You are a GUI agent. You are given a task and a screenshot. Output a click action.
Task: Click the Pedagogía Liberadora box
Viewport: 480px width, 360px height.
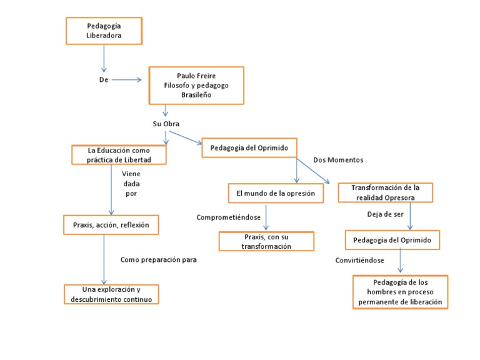click(x=104, y=31)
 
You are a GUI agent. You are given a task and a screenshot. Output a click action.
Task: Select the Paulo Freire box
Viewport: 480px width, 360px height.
click(x=196, y=85)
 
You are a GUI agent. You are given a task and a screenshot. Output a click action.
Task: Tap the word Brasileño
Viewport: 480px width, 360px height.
click(x=196, y=95)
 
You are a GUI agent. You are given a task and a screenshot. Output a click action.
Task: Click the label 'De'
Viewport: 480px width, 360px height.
click(x=104, y=80)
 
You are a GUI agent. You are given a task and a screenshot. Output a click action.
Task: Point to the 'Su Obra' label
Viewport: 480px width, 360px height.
click(x=166, y=124)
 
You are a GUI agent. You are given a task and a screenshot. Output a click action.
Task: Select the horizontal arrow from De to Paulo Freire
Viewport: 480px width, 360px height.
click(x=126, y=80)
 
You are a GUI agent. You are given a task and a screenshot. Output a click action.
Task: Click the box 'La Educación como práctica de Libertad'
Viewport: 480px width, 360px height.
click(x=119, y=155)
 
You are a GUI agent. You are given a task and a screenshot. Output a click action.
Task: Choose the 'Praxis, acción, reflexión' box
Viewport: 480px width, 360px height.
click(x=111, y=224)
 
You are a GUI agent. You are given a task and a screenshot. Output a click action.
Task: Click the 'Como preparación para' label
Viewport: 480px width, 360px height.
click(x=159, y=259)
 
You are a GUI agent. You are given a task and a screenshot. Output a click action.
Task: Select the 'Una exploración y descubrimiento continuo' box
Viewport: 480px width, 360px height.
click(x=111, y=294)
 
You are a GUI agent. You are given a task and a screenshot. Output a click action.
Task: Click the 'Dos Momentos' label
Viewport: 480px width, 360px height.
click(x=338, y=160)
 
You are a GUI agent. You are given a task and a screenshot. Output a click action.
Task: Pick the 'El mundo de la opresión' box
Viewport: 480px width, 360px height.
click(x=276, y=194)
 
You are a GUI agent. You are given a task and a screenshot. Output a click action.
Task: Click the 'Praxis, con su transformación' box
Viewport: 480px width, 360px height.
click(x=266, y=242)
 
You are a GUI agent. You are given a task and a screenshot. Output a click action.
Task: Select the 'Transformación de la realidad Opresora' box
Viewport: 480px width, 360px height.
click(x=385, y=192)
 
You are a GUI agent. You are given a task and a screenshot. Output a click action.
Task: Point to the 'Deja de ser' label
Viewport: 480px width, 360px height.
click(x=385, y=214)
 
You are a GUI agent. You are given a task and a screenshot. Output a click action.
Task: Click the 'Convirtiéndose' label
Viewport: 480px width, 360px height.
click(x=359, y=260)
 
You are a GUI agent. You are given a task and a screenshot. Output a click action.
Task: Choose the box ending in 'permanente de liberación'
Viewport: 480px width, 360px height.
click(x=400, y=292)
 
